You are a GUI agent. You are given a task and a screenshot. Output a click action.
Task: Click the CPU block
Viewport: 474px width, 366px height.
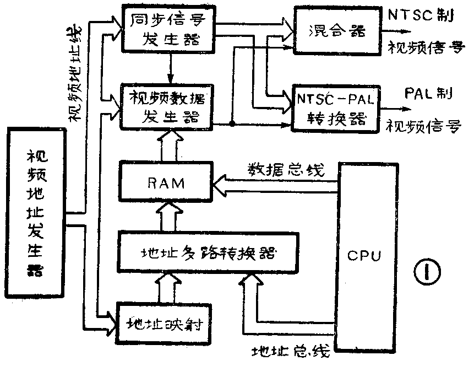pos(364,256)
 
